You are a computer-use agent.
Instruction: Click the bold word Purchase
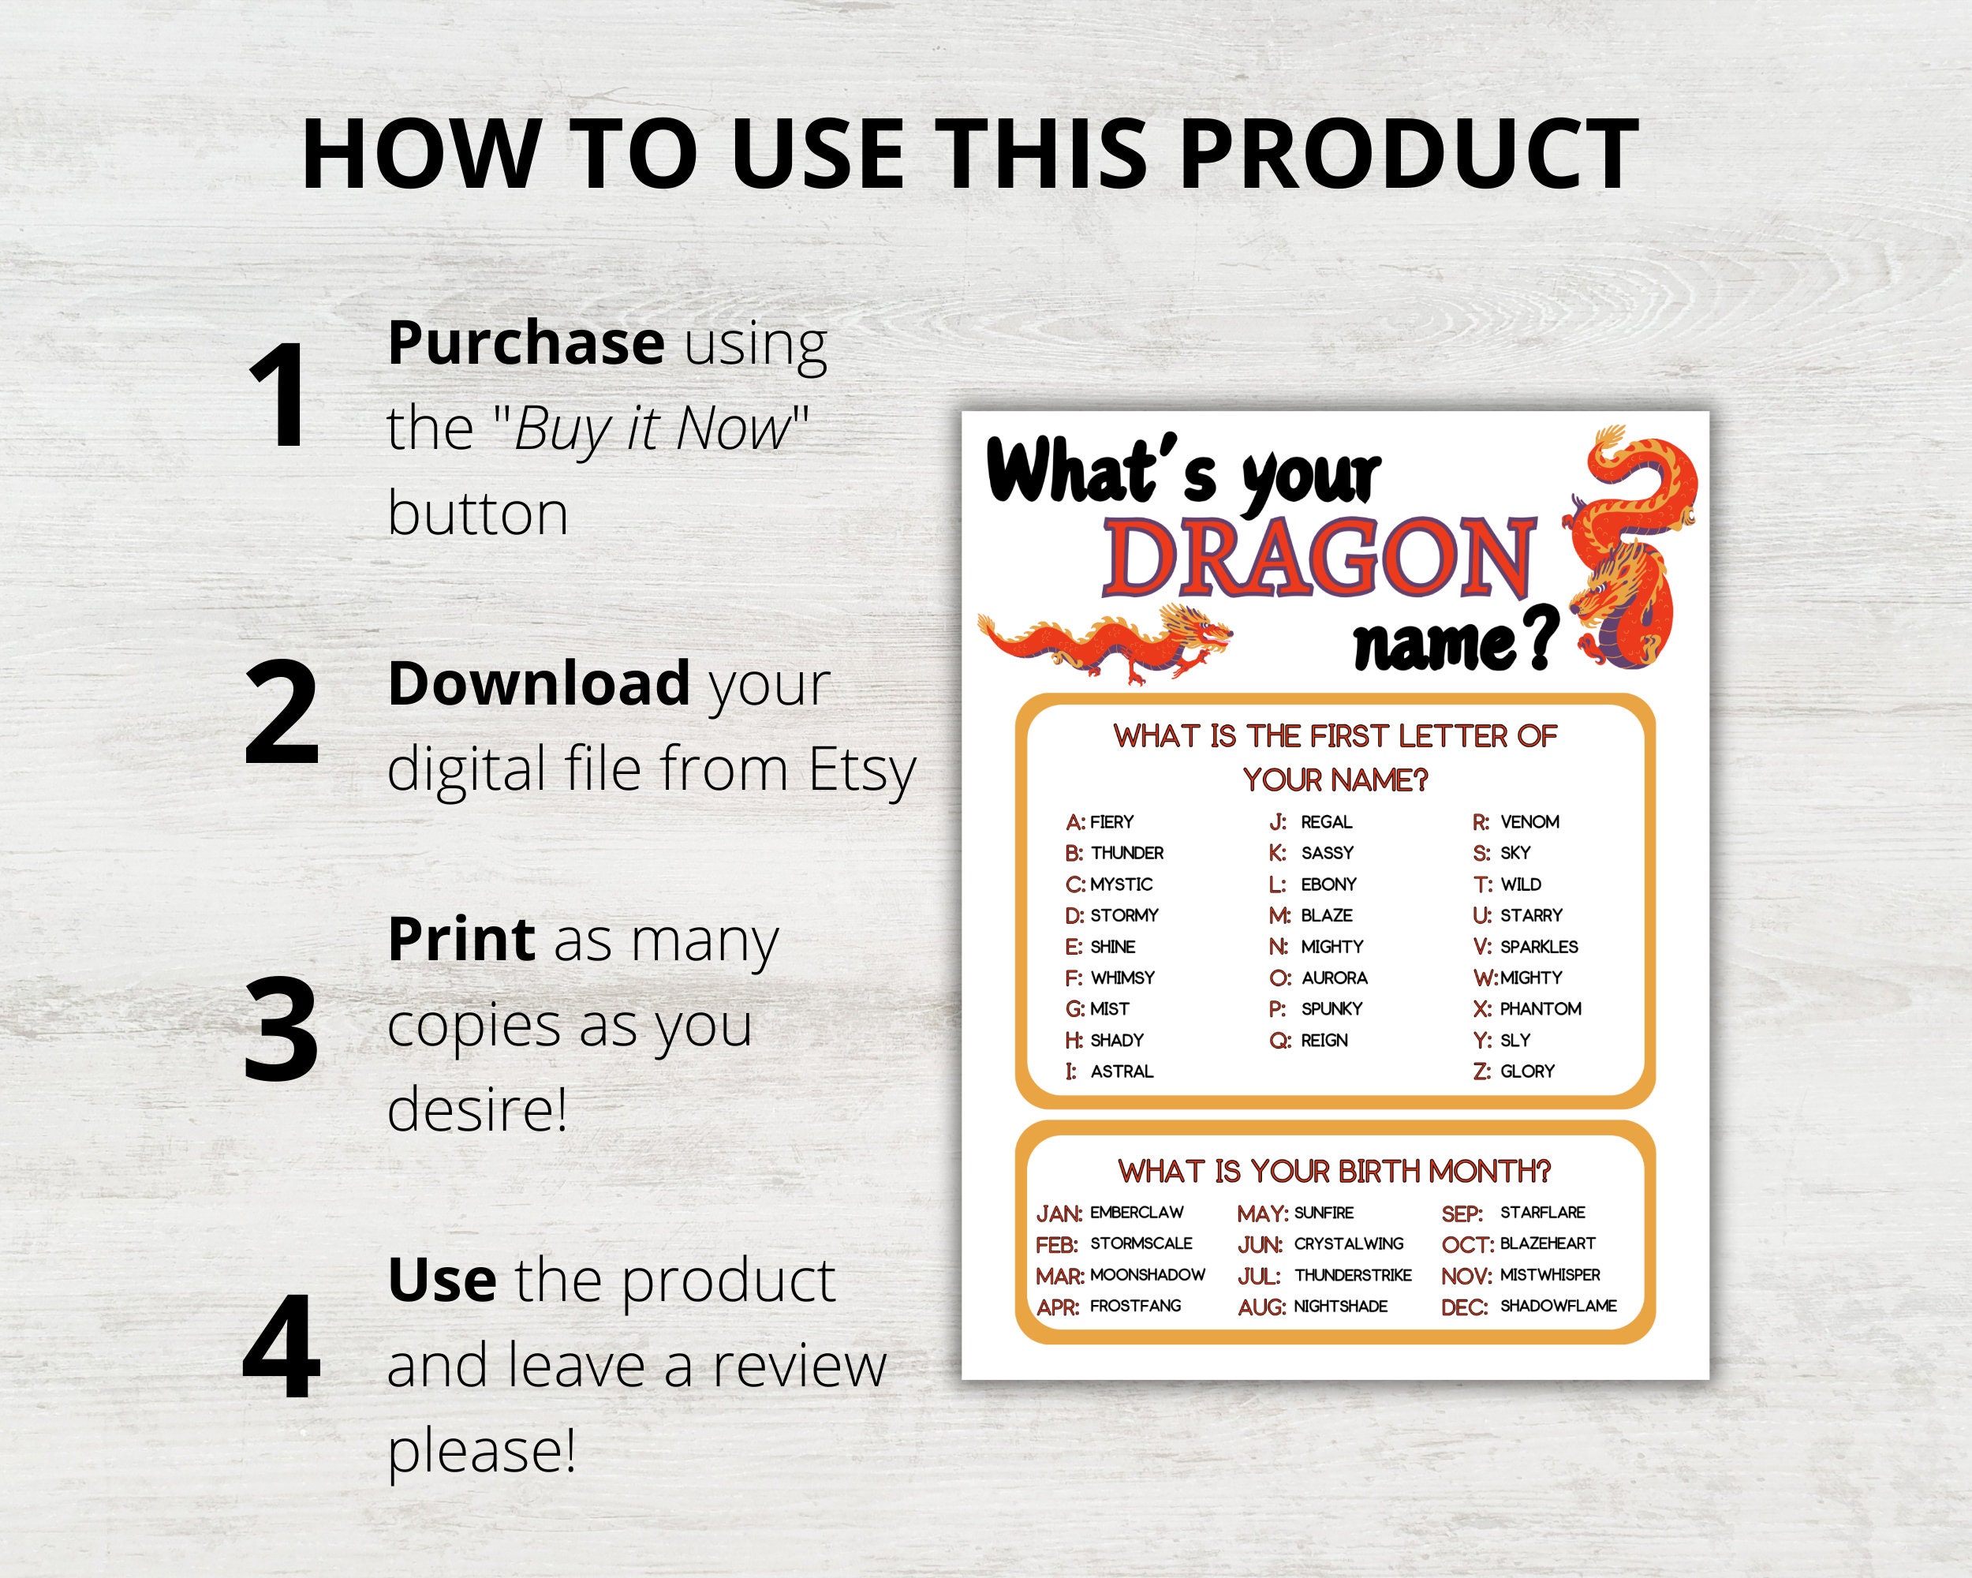tap(526, 343)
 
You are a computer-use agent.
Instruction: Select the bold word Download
tap(539, 683)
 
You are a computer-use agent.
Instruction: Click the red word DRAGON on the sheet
tap(1318, 557)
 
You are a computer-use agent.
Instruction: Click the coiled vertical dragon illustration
tap(1634, 549)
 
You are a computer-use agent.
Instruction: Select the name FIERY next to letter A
tap(1111, 822)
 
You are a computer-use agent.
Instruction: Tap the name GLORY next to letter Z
tap(1526, 1071)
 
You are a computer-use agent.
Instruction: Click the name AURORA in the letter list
tap(1335, 978)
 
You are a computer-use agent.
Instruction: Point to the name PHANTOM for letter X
tap(1541, 1009)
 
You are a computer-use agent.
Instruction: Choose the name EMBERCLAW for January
tap(1136, 1213)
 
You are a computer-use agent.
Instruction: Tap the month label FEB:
tap(1056, 1245)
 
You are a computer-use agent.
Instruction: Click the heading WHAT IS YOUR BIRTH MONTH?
tap(1335, 1172)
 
